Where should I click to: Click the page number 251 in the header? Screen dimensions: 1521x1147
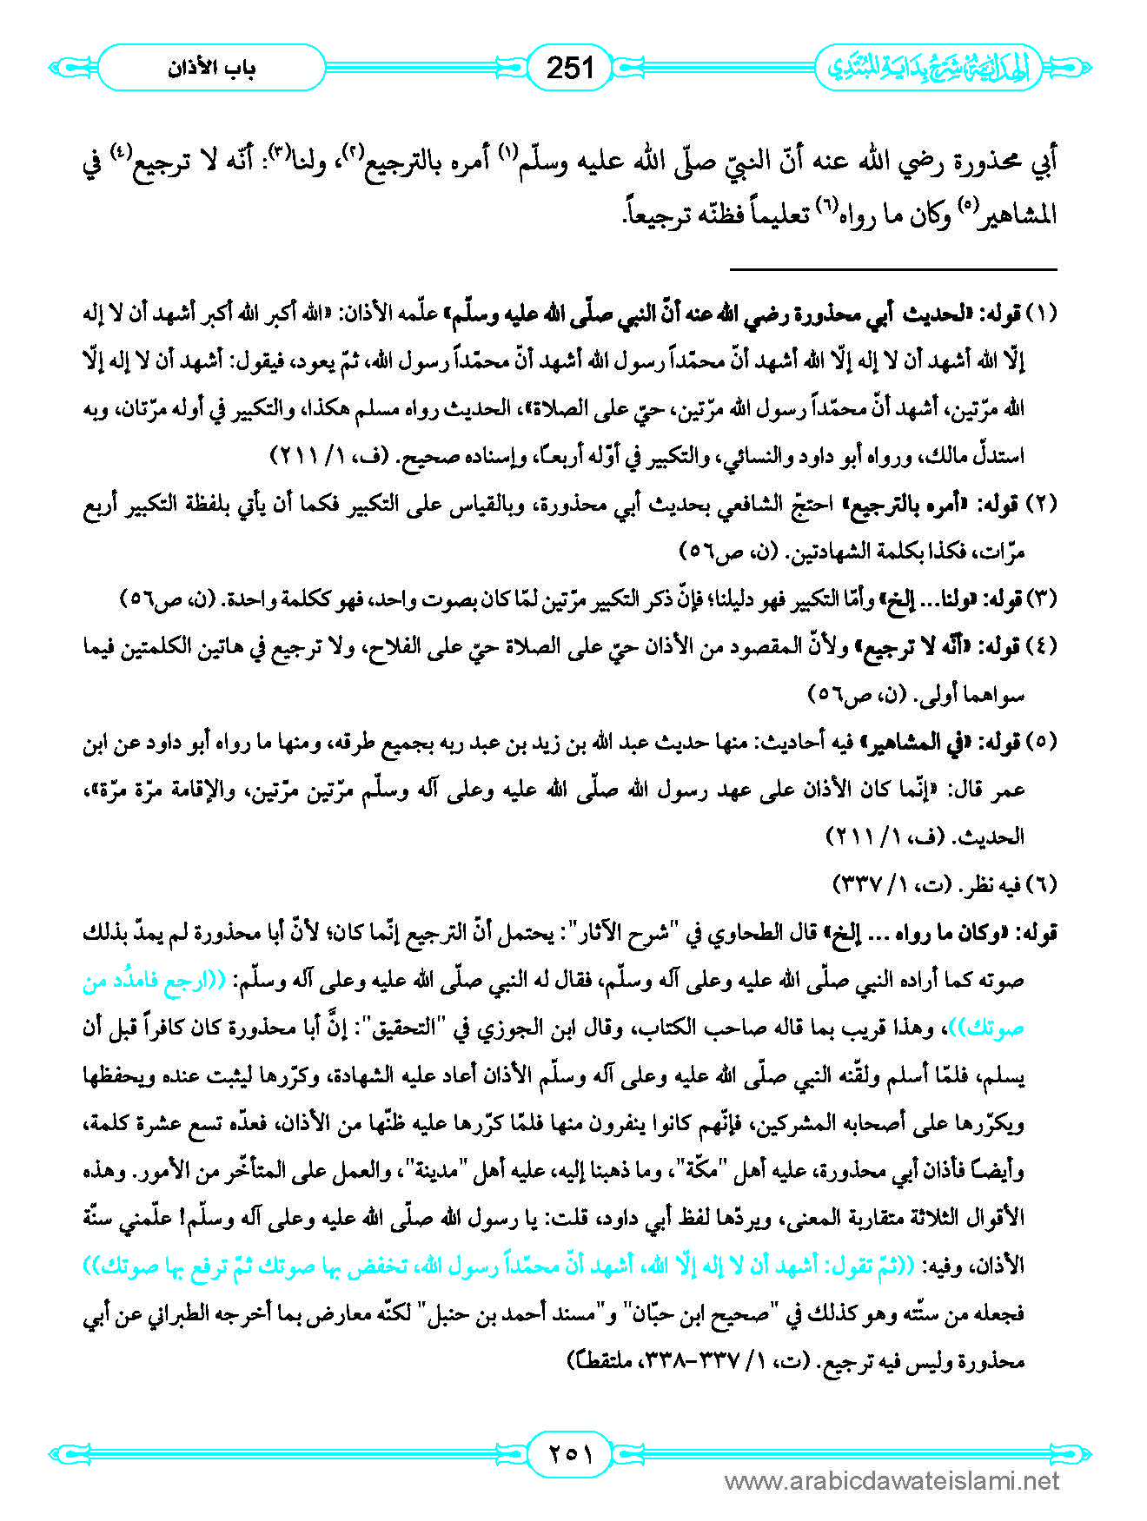570,67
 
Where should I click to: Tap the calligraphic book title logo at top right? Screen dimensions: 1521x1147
927,68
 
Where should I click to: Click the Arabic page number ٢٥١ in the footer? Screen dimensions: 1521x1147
571,1452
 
